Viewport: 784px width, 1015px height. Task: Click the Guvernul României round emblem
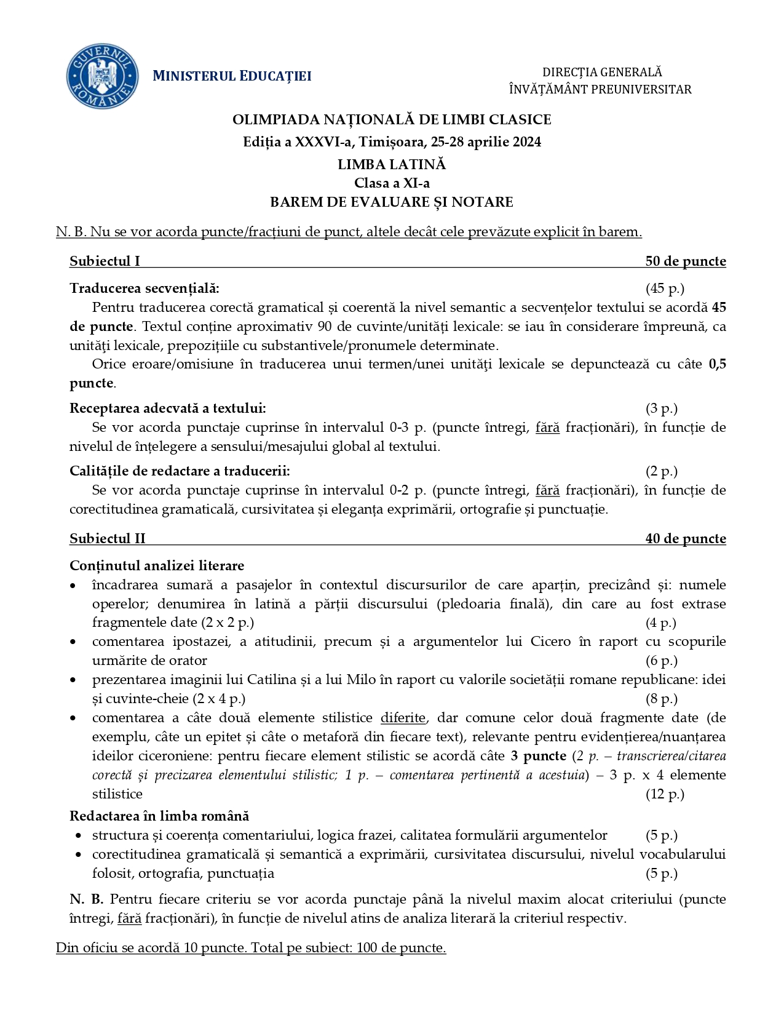pos(102,76)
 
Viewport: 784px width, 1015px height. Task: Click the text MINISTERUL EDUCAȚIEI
pos(232,76)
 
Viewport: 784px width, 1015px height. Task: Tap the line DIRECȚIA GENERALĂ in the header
pos(601,73)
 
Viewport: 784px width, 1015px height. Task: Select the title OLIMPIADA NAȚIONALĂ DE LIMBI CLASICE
pos(392,119)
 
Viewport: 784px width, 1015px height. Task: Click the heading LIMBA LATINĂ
pos(392,164)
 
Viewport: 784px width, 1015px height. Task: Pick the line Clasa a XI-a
pos(392,183)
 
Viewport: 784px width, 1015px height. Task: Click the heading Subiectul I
pos(105,261)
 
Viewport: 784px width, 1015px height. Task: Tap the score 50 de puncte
pos(685,261)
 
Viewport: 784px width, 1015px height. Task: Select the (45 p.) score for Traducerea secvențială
pos(664,289)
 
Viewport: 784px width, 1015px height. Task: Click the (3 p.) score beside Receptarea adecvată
pos(661,408)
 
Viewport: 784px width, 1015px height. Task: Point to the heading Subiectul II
pos(108,539)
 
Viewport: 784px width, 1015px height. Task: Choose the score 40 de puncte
pos(685,539)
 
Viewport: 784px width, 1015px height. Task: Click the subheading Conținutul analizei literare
pos(157,565)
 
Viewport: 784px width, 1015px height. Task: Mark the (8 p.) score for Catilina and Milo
pos(661,699)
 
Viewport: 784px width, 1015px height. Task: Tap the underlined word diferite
pos(403,718)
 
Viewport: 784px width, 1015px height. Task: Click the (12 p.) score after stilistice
pos(664,794)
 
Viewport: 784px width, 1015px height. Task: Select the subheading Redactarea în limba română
pos(159,816)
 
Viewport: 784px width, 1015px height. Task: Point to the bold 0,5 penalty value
pos(717,364)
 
